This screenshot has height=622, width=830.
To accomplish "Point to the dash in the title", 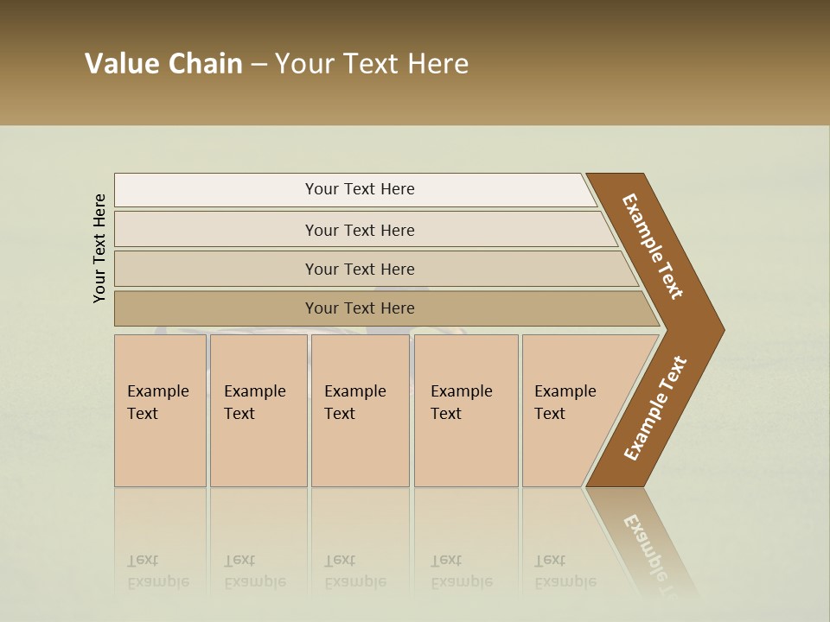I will pyautogui.click(x=259, y=65).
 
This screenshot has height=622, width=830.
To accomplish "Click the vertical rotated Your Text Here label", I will pyautogui.click(x=99, y=248).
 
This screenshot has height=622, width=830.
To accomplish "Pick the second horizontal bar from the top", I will pyautogui.click(x=359, y=230).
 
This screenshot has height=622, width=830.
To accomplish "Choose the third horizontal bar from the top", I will pyautogui.click(x=359, y=269).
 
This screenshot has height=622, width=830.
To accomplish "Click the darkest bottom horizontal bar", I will pyautogui.click(x=359, y=308).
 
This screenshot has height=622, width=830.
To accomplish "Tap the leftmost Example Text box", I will pyautogui.click(x=160, y=410).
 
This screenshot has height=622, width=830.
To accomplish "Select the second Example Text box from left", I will pyautogui.click(x=258, y=410).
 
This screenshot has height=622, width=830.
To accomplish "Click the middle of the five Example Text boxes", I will pyautogui.click(x=360, y=410).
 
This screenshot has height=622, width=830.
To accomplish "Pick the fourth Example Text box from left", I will pyautogui.click(x=465, y=410).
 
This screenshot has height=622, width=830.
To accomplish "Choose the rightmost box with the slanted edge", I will pyautogui.click(x=571, y=410).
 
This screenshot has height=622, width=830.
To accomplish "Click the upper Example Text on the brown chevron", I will pyautogui.click(x=653, y=246).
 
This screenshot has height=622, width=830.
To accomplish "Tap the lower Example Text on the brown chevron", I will pyautogui.click(x=654, y=409).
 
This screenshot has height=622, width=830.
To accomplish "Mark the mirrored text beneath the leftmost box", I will pyautogui.click(x=157, y=571).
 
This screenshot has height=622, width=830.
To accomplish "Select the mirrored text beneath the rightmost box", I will pyautogui.click(x=565, y=571).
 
